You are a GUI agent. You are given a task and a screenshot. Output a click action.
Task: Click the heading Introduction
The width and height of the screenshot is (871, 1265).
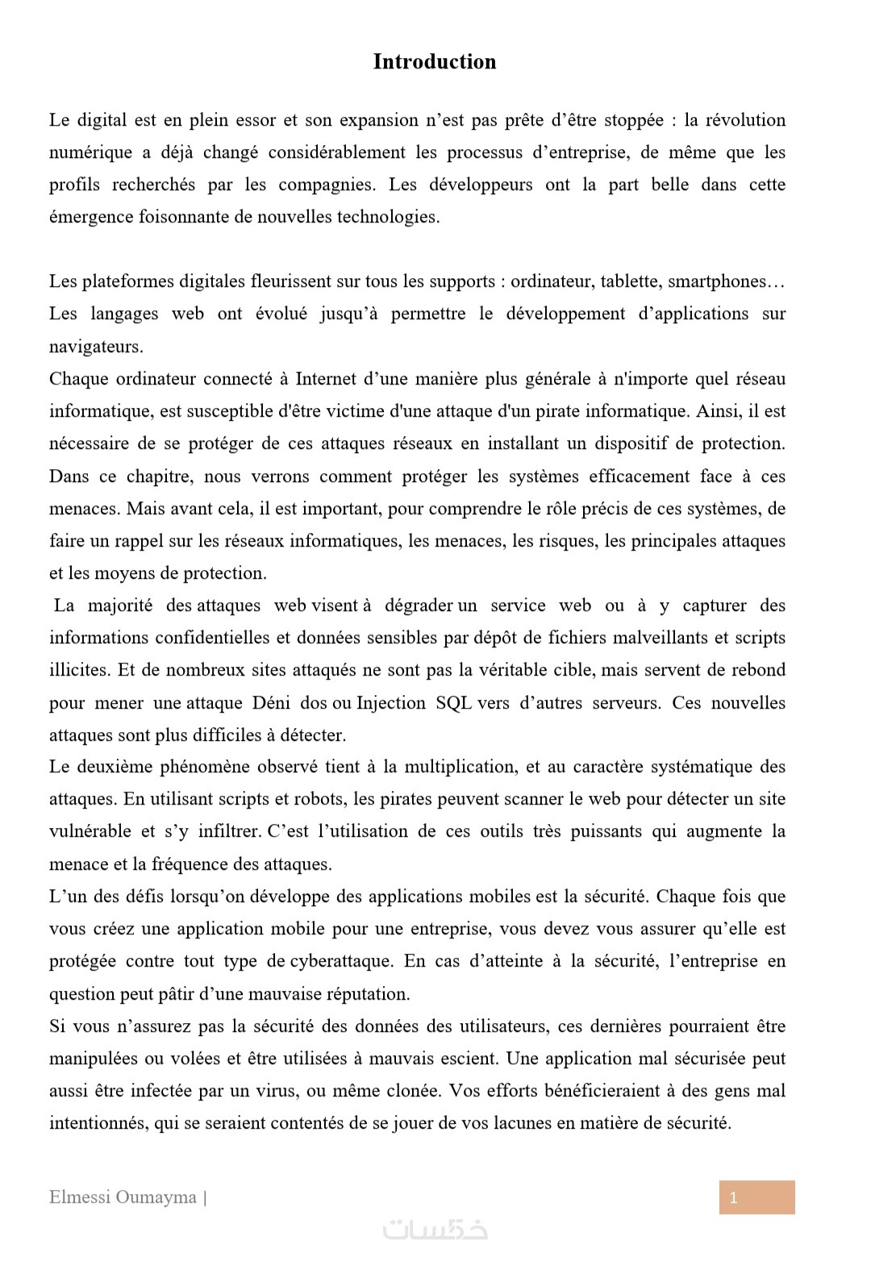(434, 62)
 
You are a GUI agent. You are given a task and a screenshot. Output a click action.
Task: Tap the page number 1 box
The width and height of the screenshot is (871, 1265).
(756, 1197)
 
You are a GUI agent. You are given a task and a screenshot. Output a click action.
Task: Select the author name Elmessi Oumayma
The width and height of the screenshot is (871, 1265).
(123, 1197)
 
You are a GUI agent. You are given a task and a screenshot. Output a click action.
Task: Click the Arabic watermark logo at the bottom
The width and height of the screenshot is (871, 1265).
(435, 1230)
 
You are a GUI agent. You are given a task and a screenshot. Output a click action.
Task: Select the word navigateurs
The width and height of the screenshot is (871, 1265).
(95, 347)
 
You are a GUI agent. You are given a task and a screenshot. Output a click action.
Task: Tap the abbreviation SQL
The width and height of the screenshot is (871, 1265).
(453, 703)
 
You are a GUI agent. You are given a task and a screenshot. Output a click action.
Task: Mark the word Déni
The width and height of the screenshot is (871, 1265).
(271, 703)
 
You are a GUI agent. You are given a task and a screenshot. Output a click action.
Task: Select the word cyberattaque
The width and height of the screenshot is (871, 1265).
(341, 961)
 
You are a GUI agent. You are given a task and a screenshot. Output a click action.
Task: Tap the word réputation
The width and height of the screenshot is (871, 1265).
(368, 994)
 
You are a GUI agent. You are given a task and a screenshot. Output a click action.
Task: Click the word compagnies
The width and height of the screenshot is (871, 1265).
(326, 185)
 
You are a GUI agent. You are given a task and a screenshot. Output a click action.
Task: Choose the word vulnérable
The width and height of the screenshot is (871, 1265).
(90, 831)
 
